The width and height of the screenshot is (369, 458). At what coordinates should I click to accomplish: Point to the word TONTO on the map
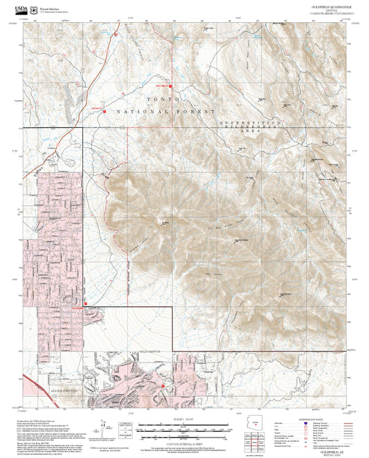click(x=157, y=100)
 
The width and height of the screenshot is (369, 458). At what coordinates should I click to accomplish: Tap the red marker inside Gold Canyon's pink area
click(x=163, y=385)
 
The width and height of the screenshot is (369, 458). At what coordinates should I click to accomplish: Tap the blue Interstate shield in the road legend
click(x=306, y=423)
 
